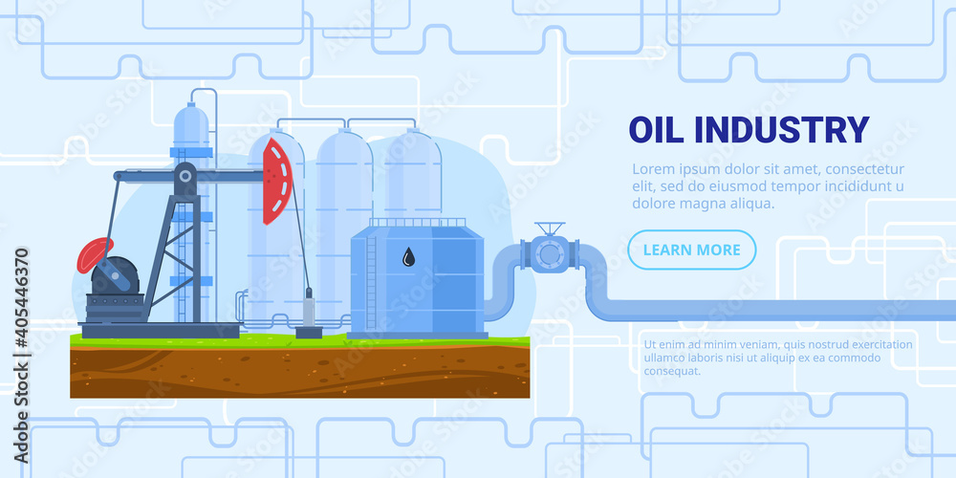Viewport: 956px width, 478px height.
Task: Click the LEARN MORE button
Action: click(x=691, y=250)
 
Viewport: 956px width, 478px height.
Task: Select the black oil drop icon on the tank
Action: click(x=409, y=256)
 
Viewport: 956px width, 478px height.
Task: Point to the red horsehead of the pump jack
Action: click(x=276, y=181)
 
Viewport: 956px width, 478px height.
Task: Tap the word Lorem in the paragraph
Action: click(x=652, y=169)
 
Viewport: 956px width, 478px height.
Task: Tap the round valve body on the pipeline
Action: click(x=550, y=254)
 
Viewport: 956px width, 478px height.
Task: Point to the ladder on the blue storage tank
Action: click(x=371, y=282)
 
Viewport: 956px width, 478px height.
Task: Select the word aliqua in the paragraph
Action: click(x=751, y=204)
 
